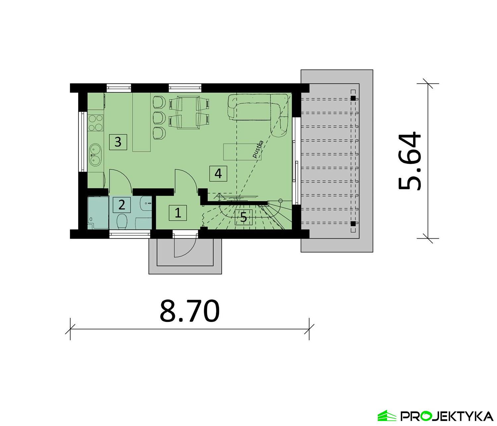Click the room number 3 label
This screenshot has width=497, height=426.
coord(118,142)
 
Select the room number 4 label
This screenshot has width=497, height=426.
coord(218,173)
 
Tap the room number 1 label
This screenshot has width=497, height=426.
coord(178,213)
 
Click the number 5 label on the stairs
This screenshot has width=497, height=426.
coord(244,218)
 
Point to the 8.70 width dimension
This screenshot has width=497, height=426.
coord(190,312)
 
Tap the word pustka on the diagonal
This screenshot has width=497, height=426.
coord(258,149)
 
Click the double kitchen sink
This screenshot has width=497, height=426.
coord(95,154)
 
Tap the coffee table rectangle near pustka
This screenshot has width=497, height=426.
coord(242,152)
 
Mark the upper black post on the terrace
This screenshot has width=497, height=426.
coord(353,98)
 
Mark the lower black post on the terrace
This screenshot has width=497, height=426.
coord(353,223)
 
